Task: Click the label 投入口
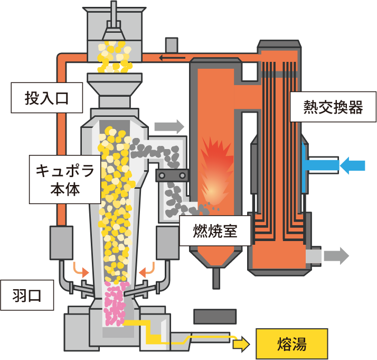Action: tap(47, 98)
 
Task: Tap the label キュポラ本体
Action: tap(65, 179)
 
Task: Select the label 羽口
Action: tap(27, 296)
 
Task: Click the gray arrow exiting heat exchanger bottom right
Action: tap(337, 256)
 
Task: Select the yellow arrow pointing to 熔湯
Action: tap(241, 344)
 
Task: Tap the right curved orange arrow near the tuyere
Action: tap(147, 270)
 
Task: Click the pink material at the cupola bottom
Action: tap(115, 304)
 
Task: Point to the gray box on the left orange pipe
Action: tap(61, 243)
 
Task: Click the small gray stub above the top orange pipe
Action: tap(172, 45)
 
